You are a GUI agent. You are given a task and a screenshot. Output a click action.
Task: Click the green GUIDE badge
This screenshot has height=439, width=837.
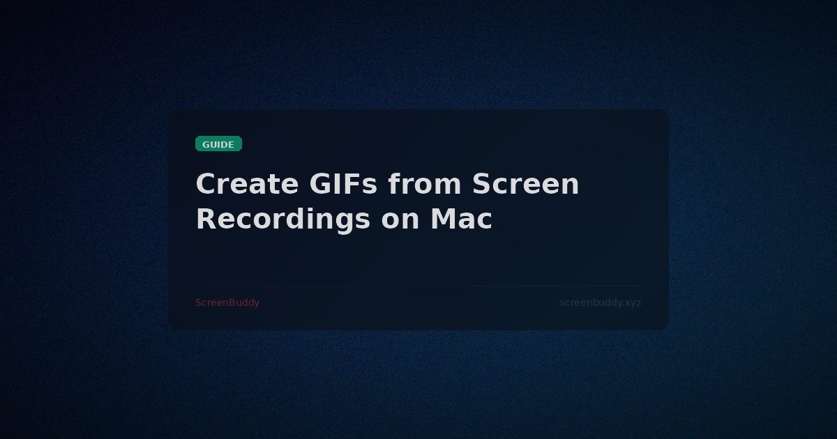218,144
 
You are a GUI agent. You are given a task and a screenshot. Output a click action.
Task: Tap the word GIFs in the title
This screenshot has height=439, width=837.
342,185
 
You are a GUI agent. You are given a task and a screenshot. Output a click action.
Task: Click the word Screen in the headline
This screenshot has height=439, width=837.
525,185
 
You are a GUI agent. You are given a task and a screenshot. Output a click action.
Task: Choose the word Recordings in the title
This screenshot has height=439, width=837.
282,219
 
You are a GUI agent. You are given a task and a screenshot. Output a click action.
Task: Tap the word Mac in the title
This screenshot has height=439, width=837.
461,219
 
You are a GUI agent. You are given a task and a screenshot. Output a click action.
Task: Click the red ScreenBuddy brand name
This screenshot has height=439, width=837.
227,302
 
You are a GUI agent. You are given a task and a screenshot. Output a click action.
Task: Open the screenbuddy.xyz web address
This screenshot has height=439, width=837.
601,302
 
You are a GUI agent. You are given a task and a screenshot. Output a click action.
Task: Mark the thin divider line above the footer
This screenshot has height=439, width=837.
418,286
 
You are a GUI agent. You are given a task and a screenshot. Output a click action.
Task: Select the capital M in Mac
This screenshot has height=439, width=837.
444,219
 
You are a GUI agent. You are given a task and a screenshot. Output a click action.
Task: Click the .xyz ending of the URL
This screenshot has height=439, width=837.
631,302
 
